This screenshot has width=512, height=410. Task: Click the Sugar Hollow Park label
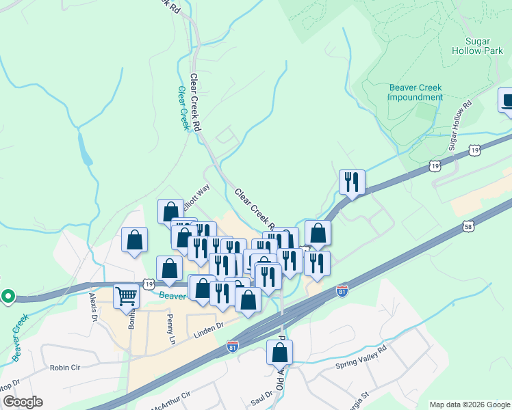tap(477, 45)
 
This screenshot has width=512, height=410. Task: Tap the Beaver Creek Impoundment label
tap(415, 92)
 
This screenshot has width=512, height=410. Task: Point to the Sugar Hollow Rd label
tap(461, 127)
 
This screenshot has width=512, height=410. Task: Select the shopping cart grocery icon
tap(127, 297)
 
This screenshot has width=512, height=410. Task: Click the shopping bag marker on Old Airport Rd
tap(279, 353)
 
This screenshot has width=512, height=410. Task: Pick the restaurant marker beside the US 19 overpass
tap(352, 182)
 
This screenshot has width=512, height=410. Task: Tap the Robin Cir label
tap(66, 368)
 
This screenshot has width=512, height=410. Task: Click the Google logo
tap(22, 402)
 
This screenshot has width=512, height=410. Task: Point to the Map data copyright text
tap(469, 405)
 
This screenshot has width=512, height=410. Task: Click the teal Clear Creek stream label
tap(183, 108)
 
